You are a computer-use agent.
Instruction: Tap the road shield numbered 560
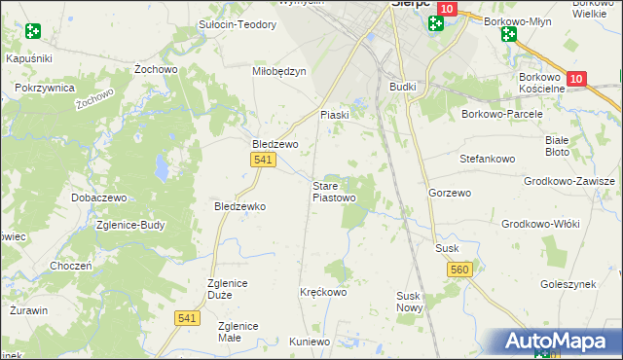pos(460,269)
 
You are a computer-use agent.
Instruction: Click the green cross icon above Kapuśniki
pos(33,30)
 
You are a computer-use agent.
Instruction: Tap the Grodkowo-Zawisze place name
pos(569,182)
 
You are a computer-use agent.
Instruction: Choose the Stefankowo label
pos(486,157)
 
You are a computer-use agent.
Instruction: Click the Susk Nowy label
pos(408,301)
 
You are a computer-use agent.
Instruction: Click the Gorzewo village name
pos(449,194)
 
